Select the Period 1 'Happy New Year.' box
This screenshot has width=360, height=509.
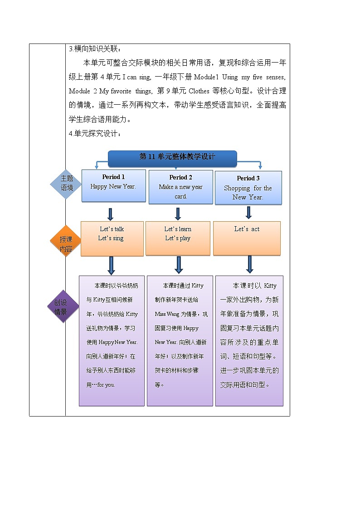113,185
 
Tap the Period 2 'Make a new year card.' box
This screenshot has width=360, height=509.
180,187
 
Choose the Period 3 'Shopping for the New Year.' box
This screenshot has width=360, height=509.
248,188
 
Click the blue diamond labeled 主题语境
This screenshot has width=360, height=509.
67,183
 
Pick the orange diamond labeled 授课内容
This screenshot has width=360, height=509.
66,241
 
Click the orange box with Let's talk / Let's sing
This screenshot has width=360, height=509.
112,238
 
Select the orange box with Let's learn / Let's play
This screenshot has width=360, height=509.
178,238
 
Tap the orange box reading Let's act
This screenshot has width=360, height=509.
247,238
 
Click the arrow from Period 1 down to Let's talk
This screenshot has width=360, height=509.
110,214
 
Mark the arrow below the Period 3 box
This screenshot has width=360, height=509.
248,212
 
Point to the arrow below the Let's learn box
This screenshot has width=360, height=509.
179,265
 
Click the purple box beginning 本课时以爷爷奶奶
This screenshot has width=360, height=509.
112,340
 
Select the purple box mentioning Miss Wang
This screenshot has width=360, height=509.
180,340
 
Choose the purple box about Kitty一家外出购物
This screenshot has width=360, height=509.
249,340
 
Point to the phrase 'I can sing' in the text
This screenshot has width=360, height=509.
136,77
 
